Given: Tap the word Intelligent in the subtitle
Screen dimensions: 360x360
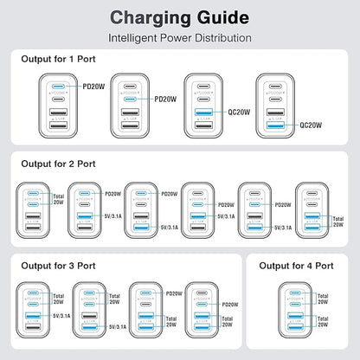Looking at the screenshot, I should click(x=136, y=39).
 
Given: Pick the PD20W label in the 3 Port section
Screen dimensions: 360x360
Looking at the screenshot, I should click(x=231, y=304).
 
